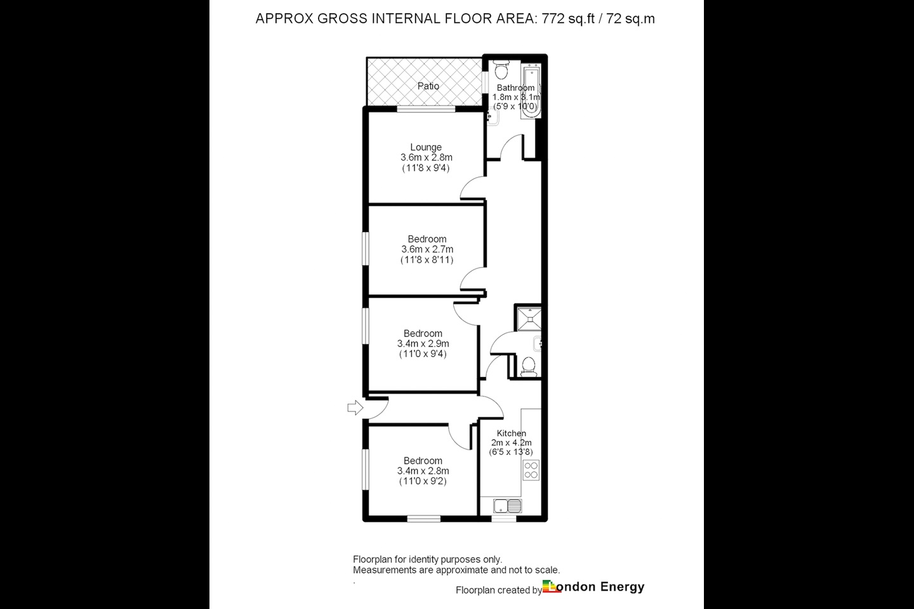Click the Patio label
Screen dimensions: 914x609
(x=428, y=86)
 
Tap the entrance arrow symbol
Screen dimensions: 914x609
(x=355, y=407)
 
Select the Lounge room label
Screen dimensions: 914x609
(x=426, y=147)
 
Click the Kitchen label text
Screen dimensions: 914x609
(x=512, y=433)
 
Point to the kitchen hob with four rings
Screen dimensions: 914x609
(x=531, y=470)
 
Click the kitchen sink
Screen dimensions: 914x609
(x=507, y=506)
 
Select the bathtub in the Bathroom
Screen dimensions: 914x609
(x=531, y=91)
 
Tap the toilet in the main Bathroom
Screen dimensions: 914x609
(x=501, y=70)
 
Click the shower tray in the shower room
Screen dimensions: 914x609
(x=529, y=319)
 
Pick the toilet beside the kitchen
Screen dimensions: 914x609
(x=529, y=366)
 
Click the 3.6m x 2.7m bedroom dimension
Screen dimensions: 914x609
(x=427, y=249)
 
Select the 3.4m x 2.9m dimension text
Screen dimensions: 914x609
(x=423, y=344)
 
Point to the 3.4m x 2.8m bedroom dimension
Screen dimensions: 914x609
(x=423, y=471)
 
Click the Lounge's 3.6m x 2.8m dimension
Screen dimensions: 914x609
(x=426, y=157)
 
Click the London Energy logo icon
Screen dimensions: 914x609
(x=552, y=586)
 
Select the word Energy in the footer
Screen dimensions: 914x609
(x=622, y=587)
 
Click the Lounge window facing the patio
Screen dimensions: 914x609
(x=427, y=109)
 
